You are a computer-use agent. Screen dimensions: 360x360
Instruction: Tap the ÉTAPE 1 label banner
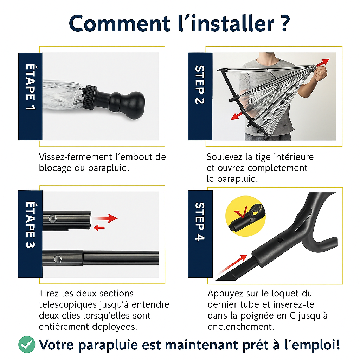(x=30, y=96)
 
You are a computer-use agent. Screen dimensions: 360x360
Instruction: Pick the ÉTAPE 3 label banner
(x=30, y=234)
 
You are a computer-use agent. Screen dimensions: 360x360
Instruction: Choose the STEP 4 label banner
(x=200, y=234)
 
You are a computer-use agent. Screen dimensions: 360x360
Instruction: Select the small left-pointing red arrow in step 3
(x=99, y=228)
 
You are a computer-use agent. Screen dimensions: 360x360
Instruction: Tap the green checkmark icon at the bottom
(x=27, y=345)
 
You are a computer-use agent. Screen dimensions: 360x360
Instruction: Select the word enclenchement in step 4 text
(x=240, y=327)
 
